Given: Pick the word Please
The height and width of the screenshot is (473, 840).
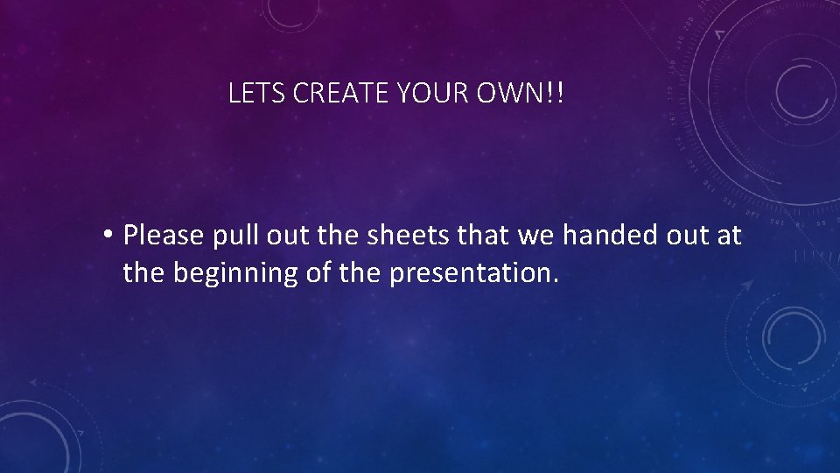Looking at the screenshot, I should tap(164, 235).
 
